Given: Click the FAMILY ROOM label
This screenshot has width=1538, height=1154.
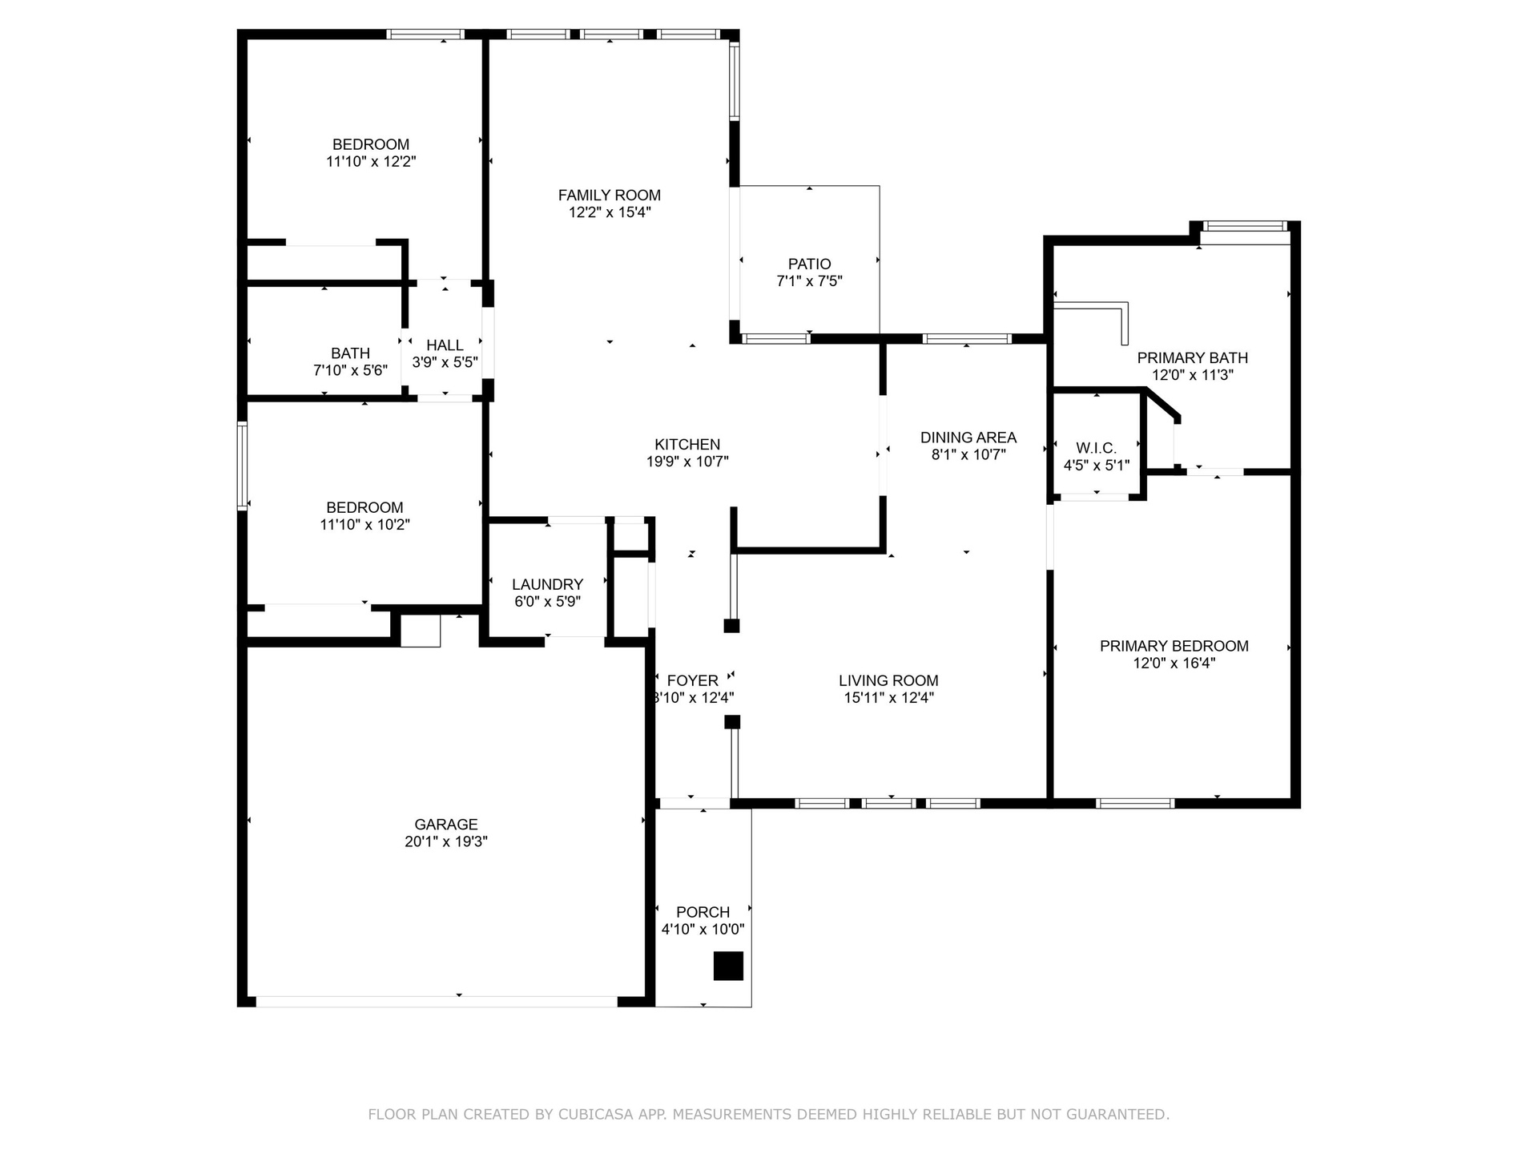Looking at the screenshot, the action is (610, 195).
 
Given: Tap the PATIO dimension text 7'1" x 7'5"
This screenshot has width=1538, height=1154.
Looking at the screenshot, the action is (809, 281).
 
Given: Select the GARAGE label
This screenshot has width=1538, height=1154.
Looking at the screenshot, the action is (446, 824).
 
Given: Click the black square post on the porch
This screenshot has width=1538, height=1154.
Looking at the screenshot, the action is (728, 966).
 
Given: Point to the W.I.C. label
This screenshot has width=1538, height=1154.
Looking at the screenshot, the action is (1096, 448).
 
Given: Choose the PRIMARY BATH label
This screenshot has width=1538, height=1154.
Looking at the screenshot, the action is (1193, 357).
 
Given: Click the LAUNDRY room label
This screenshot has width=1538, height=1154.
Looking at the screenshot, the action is (548, 584).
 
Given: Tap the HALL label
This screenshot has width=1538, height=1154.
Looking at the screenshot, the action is (445, 345).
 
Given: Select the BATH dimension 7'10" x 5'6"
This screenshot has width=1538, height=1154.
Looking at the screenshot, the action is (351, 370).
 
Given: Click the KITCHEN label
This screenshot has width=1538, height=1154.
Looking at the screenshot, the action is (687, 444).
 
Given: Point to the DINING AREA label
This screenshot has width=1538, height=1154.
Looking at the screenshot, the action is (968, 438).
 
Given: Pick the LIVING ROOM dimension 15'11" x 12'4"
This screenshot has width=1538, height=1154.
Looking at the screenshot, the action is (889, 697).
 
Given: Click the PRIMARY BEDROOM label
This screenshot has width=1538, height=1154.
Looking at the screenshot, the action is (1174, 646).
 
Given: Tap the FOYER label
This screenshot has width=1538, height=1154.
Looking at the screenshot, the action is (693, 680).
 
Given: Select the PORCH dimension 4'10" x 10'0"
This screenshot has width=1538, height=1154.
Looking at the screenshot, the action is (703, 930).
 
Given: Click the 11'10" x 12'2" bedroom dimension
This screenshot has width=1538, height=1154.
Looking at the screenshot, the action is (371, 161).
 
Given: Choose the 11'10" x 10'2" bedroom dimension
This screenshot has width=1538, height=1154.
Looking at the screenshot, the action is (365, 525).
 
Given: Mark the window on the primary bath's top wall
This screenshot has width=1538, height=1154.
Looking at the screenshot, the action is (1244, 227).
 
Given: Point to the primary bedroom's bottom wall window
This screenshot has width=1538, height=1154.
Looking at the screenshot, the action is (1135, 803).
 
